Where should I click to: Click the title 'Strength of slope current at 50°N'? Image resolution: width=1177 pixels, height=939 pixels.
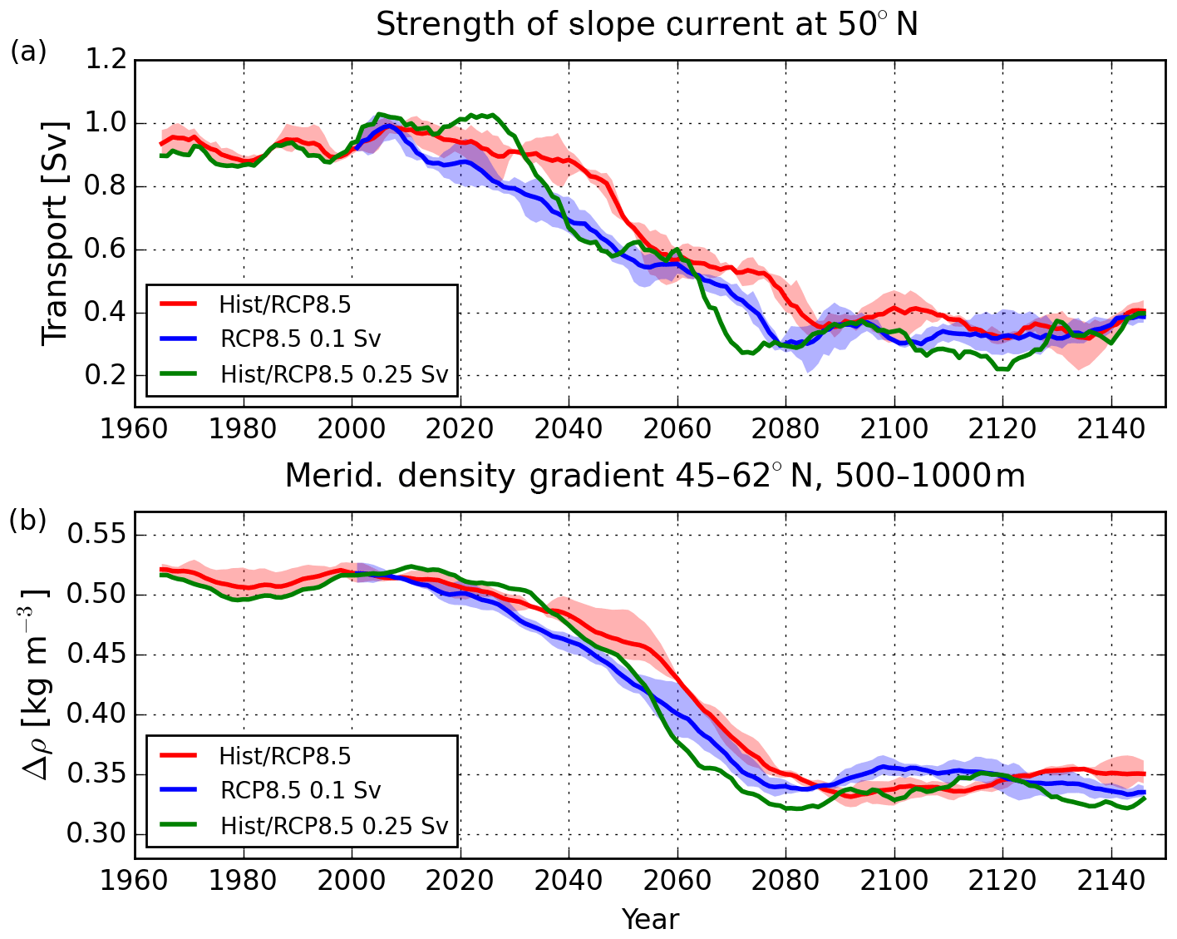tap(647, 25)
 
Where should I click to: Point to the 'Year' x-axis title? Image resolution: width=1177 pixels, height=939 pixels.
tap(651, 919)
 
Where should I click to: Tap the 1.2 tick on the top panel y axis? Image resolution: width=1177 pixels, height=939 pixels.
tap(106, 61)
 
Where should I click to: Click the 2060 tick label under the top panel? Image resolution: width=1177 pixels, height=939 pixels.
tap(677, 430)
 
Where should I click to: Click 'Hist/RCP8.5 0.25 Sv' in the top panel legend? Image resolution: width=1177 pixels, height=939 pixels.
tap(334, 374)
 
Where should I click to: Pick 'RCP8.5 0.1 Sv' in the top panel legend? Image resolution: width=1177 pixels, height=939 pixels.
tap(301, 339)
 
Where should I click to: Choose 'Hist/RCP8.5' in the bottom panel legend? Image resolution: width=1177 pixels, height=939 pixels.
tap(285, 755)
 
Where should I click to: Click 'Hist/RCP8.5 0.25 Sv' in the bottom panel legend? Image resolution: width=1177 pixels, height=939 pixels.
tap(334, 825)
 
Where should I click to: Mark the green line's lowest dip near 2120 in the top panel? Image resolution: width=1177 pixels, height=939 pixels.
tap(1004, 368)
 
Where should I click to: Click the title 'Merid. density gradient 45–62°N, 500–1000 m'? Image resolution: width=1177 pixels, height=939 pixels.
tap(654, 476)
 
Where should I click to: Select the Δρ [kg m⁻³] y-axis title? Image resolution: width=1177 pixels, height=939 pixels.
tap(37, 684)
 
